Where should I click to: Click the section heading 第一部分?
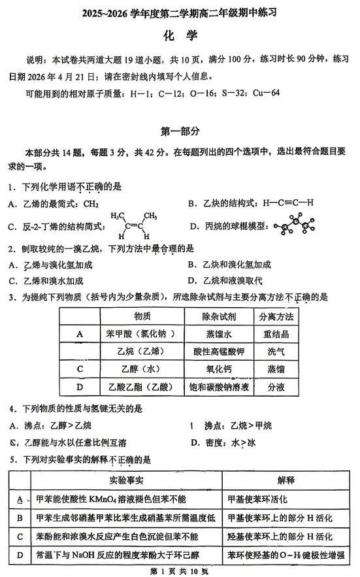180,132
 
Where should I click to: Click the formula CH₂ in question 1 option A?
91,203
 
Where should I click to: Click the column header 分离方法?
276,316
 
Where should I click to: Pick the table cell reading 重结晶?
276,334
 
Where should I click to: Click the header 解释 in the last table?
286,480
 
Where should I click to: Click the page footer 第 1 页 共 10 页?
180,572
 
